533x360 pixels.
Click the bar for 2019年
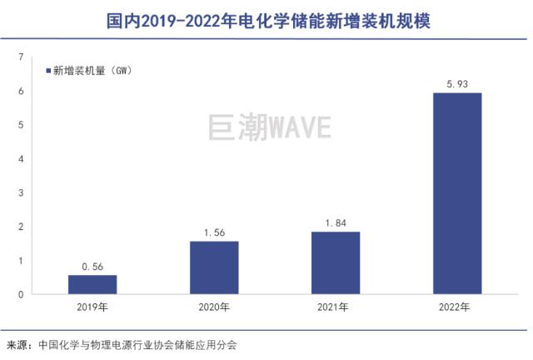[92, 284]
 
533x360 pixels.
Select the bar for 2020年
[214, 267]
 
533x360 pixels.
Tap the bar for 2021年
[336, 262]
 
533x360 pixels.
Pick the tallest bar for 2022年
[457, 193]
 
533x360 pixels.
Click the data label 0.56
[92, 267]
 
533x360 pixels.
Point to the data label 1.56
[214, 232]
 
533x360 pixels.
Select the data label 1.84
[336, 223]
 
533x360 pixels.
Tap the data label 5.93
[457, 83]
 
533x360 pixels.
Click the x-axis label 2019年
[92, 307]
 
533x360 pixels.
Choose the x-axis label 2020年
[214, 307]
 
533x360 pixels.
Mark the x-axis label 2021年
[336, 307]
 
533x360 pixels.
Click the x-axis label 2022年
[457, 307]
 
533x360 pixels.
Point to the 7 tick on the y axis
[21, 57]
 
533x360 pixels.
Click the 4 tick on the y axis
[21, 158]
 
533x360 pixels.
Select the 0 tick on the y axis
[21, 294]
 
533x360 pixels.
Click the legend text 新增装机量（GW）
[92, 71]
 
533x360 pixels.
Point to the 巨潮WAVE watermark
[269, 127]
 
